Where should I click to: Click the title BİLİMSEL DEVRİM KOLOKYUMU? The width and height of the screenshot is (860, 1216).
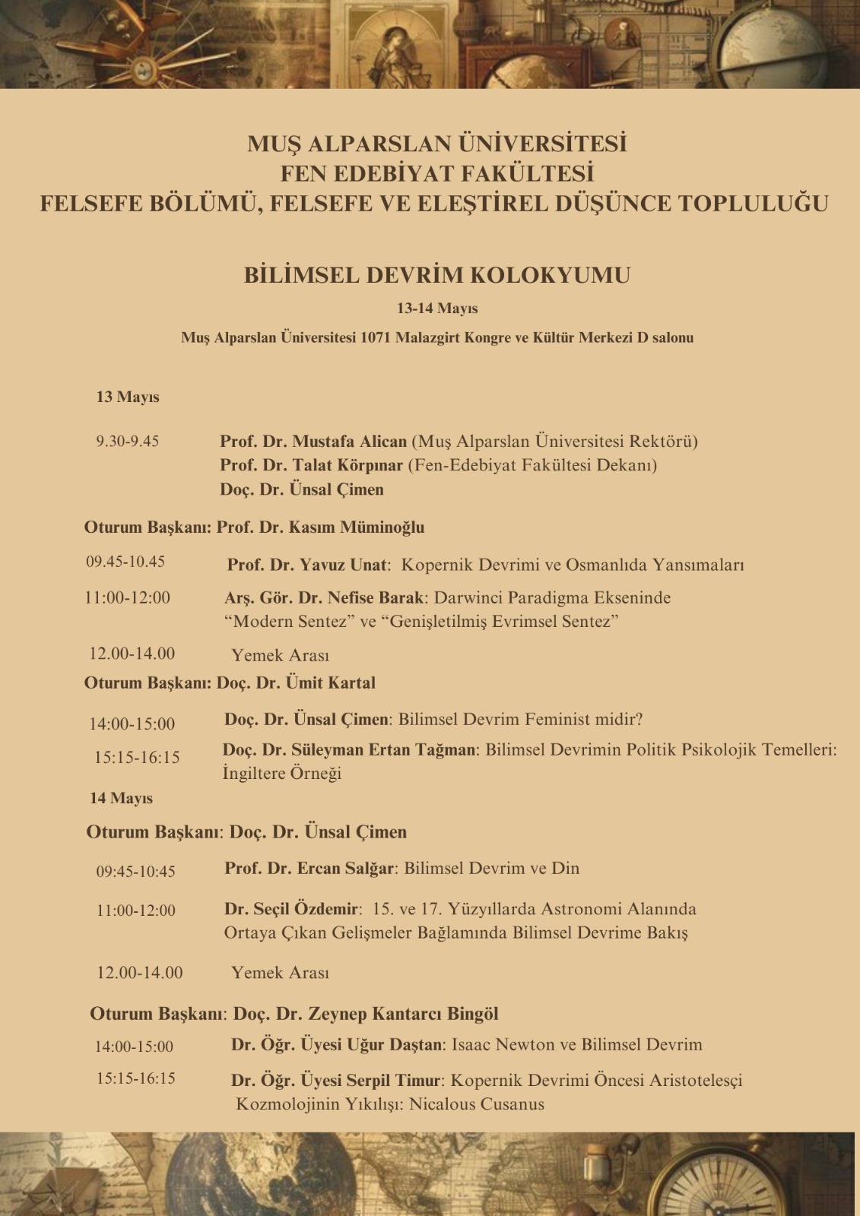436,274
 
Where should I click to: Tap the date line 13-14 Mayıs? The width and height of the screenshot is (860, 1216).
436,309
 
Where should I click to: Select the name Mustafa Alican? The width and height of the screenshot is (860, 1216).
349,441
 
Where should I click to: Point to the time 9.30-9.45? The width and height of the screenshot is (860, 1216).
127,441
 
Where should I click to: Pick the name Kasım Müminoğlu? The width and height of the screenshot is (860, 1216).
372,527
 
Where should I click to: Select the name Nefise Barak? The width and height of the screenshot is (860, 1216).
376,597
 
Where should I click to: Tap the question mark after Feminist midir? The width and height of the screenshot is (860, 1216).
639,718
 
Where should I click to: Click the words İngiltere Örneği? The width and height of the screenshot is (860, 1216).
281,773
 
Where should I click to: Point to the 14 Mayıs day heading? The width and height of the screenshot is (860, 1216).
121,798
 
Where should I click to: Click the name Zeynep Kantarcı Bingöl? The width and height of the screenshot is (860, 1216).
403,1013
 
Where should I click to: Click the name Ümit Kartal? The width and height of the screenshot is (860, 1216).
330,682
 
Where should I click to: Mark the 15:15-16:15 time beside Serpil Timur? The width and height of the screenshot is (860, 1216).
135,1078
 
